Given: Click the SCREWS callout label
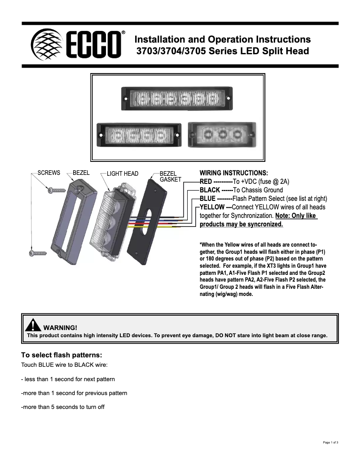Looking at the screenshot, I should coord(49,173).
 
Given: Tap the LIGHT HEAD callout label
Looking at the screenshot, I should coord(123,174).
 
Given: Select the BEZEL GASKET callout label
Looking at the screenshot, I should coord(170,176).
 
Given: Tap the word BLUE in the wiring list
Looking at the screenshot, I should coord(207,198).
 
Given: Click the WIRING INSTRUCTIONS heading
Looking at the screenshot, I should coord(233,173).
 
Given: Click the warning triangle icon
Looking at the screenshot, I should coord(33,326).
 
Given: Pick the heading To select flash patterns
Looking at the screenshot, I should coord(58,354).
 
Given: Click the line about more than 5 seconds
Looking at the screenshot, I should coord(63,407).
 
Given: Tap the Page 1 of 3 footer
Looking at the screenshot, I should coord(330,443).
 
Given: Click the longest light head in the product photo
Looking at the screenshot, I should coord(178,99).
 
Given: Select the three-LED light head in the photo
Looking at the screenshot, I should coord(221,134).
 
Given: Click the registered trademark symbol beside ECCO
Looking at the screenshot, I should coord(123,33).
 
